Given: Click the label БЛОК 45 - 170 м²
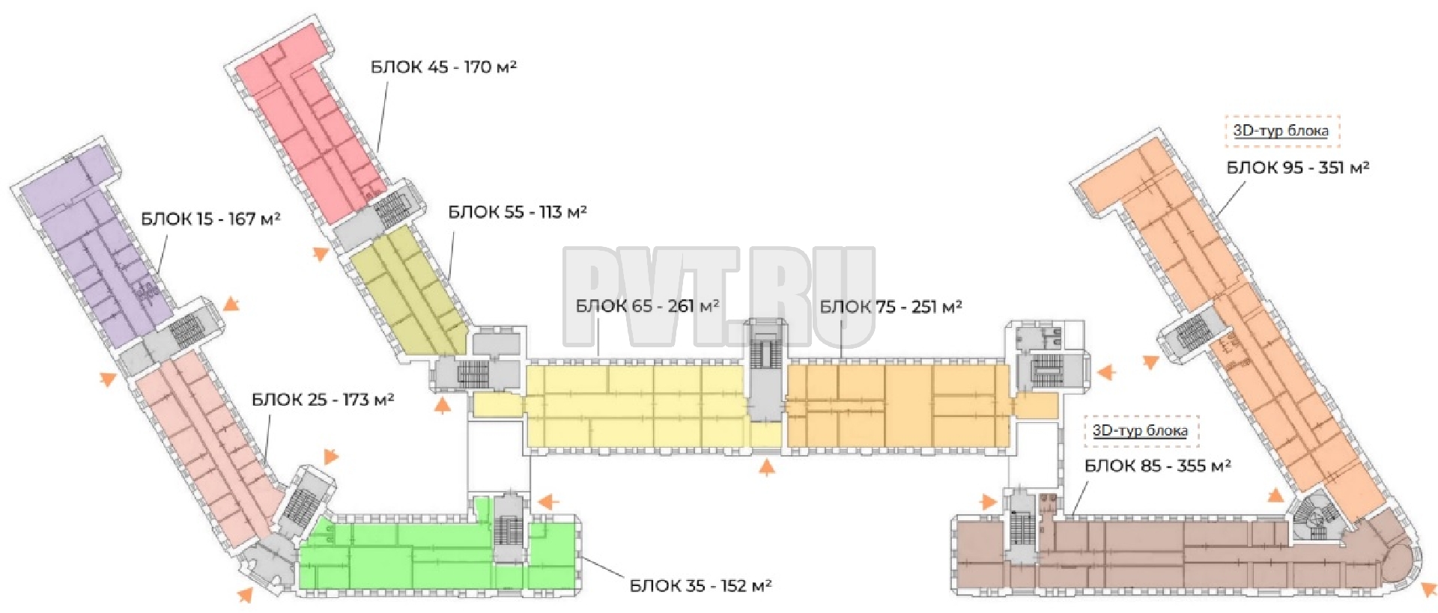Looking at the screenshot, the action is [443, 67].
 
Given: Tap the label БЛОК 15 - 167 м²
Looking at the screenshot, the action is [210, 219].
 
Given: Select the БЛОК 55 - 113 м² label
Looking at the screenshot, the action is [518, 213].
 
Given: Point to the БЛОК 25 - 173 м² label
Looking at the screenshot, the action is [323, 400].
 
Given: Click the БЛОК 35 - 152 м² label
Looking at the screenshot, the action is [700, 585].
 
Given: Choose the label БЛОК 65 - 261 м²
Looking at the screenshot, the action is [647, 306].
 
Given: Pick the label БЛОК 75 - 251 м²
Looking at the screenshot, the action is [891, 307].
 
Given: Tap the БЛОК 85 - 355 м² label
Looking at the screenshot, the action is [1158, 466].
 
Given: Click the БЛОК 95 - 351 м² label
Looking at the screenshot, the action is [1298, 168].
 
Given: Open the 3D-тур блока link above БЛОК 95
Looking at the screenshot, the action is [1281, 131].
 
